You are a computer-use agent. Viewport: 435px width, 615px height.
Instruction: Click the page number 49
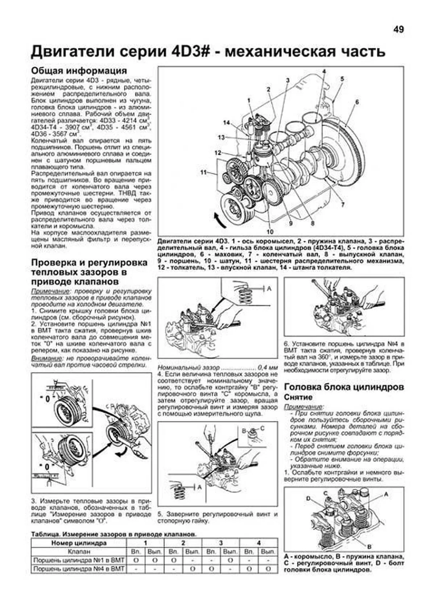click(x=398, y=30)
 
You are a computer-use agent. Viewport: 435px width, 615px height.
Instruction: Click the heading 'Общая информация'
click(x=79, y=70)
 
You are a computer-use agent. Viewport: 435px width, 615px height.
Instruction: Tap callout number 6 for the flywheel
click(x=357, y=102)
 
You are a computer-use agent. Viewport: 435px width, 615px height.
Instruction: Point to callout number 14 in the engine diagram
click(x=226, y=123)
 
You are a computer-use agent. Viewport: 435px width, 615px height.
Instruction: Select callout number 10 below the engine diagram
click(x=270, y=232)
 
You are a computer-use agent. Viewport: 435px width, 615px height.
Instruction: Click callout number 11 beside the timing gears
click(x=203, y=172)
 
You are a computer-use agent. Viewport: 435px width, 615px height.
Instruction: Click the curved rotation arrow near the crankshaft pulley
click(x=219, y=220)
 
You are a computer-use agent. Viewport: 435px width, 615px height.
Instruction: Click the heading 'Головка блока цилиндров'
click(x=344, y=387)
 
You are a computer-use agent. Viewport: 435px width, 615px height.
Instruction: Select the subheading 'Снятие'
click(x=298, y=398)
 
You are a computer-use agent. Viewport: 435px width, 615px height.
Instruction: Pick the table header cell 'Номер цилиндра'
click(x=79, y=543)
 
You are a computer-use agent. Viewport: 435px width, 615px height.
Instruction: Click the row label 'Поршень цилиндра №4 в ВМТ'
click(x=79, y=569)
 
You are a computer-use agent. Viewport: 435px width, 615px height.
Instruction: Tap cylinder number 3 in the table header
click(x=221, y=543)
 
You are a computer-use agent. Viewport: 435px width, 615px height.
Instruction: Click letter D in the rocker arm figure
click(x=308, y=498)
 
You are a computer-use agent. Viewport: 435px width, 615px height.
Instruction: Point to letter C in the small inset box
click(x=262, y=428)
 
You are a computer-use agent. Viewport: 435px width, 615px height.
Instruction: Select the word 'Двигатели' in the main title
click(x=72, y=52)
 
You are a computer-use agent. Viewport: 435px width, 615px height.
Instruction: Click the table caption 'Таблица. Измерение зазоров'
click(x=114, y=534)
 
